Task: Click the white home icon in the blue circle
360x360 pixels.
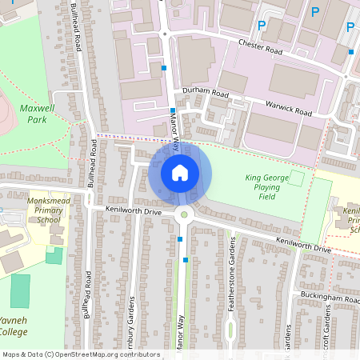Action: point(180,172)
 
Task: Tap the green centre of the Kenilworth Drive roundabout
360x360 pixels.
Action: point(184,213)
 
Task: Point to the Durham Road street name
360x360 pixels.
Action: point(206,93)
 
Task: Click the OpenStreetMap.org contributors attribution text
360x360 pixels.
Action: point(107,354)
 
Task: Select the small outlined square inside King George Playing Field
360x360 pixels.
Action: point(296,178)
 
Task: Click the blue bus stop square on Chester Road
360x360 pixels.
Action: point(350,52)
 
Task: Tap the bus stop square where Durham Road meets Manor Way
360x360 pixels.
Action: point(173,111)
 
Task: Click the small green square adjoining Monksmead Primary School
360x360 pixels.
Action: point(54,255)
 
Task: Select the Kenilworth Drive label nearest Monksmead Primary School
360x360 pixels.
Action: point(133,211)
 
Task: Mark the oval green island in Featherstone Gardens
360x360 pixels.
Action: point(230,328)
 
